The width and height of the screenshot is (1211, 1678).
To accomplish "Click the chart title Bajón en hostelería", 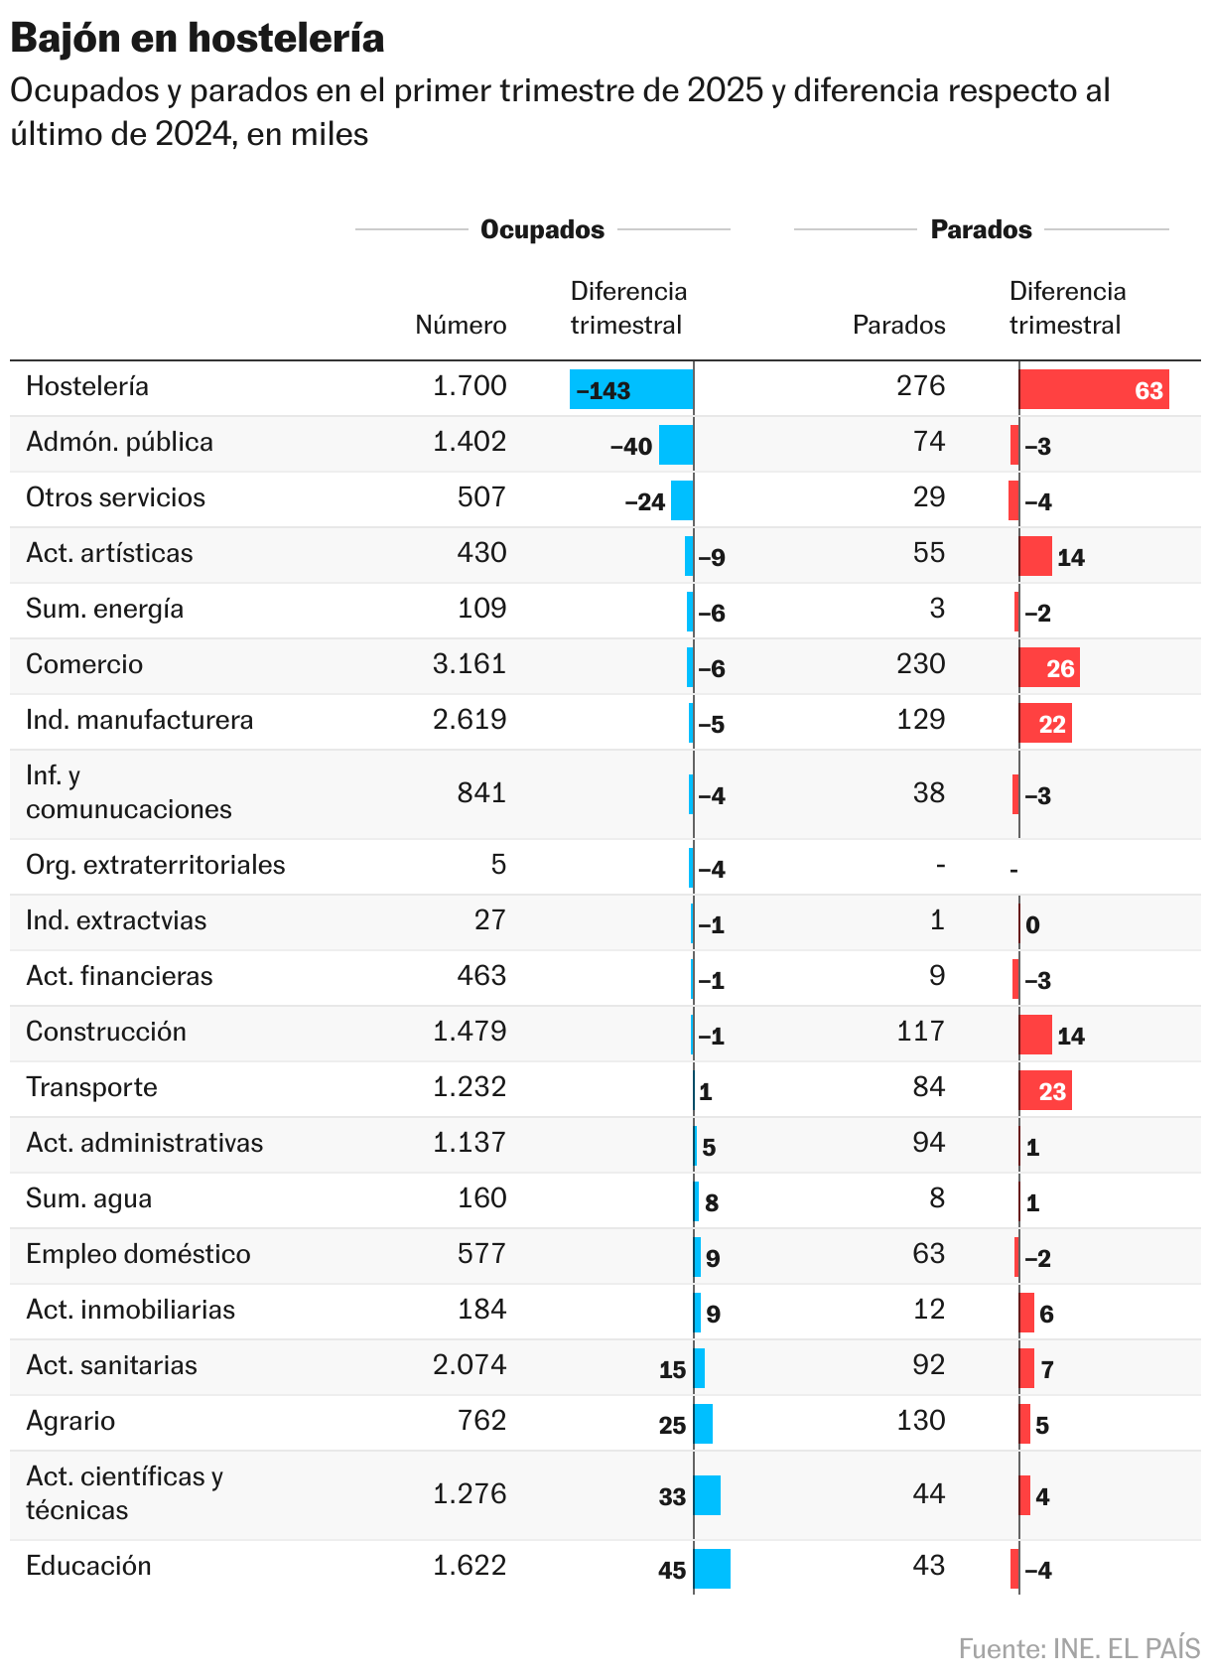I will coord(198,38).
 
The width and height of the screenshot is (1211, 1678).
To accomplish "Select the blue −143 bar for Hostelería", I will coord(631,389).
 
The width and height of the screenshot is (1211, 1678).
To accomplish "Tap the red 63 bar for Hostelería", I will coord(1094,389).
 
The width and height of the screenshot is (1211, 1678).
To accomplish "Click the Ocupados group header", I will coord(542,229).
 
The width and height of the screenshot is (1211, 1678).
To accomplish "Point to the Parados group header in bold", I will coord(981,229).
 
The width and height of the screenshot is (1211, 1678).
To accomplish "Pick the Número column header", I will coord(461,325).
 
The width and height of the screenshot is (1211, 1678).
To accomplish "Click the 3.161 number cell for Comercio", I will coord(470,664).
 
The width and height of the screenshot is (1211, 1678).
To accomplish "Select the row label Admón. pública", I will coord(119,442).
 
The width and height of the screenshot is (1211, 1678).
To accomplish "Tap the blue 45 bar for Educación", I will coord(712,1569).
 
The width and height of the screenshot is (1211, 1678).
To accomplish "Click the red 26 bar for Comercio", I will coord(1049,667).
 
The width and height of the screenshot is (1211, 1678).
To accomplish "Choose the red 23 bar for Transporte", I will coord(1045,1090).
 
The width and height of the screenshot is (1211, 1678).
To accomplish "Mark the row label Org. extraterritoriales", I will coord(155,865).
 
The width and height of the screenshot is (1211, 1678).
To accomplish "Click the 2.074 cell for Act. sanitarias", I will coord(470,1365).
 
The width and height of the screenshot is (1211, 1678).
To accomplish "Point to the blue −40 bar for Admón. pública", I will coord(676,445).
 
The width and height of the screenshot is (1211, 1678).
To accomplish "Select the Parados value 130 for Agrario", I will coord(920,1421).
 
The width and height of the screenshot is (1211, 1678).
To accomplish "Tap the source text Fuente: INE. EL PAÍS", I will coord(1079,1648).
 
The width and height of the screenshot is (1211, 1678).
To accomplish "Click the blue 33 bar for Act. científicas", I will coord(707,1495).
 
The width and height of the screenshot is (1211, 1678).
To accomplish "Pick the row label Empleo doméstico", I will coord(138,1254).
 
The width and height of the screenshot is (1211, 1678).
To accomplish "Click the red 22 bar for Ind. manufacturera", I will coord(1045,723).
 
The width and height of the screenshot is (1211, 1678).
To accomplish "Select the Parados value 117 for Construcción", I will coord(920,1032).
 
